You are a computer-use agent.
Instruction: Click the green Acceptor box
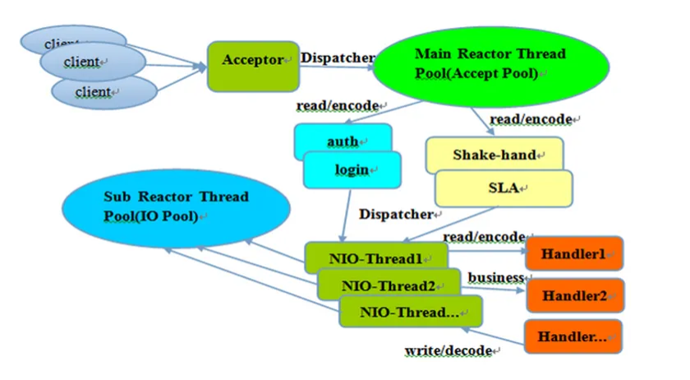coord(254,67)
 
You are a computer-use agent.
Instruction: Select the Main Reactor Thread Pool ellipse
coord(490,66)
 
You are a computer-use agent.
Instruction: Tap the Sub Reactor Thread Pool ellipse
coord(176,208)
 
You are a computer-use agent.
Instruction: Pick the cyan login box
coord(352,170)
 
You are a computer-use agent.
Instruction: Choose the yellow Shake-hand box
coord(494,154)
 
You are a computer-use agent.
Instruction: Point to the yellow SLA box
coord(504,188)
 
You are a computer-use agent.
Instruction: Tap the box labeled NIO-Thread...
coord(411,312)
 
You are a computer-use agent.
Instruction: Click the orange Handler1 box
coord(574,253)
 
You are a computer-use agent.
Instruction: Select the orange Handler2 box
coord(575,295)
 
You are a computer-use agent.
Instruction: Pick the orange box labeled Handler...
coord(573,336)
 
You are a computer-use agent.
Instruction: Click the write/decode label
coord(448,350)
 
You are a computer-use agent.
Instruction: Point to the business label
coord(496,278)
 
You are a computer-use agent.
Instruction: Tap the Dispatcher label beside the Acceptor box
coord(338,58)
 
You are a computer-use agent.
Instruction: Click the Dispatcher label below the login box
coord(396,214)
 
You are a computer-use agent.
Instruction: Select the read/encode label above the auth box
coord(338,106)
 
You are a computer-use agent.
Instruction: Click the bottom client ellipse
coord(104,92)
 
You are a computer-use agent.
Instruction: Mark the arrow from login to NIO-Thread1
coord(347,215)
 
